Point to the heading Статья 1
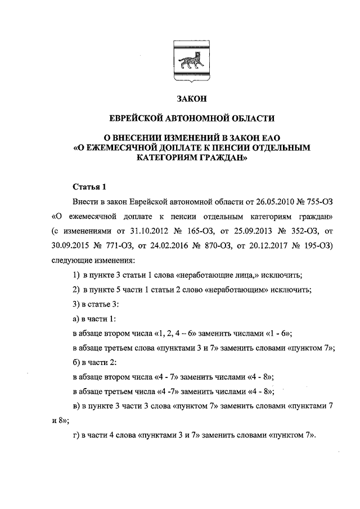(x=89, y=187)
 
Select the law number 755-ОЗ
(x=308, y=201)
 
